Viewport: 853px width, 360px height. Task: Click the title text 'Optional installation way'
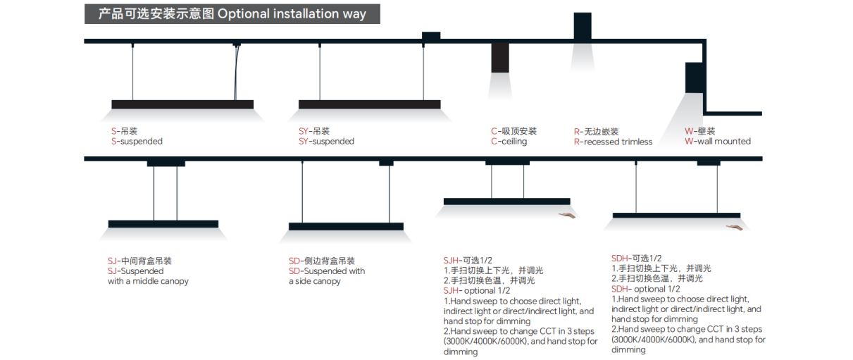click(292, 14)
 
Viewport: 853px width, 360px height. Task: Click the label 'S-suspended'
click(137, 142)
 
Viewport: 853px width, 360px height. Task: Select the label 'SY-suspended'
click(326, 142)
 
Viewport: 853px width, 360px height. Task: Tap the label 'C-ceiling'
click(509, 142)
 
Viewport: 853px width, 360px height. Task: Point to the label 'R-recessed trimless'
click(613, 142)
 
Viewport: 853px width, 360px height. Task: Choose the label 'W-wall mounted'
click(718, 142)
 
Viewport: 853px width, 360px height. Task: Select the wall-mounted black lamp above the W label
click(695, 77)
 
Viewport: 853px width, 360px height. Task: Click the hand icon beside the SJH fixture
click(568, 214)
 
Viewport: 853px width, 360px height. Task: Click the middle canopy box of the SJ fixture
click(166, 163)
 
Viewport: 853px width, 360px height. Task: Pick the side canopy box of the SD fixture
click(386, 163)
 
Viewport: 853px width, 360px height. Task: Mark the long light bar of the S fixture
click(182, 104)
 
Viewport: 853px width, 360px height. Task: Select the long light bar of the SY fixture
click(370, 104)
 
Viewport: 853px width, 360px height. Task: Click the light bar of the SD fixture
click(346, 226)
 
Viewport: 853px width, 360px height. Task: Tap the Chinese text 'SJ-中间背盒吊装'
click(139, 261)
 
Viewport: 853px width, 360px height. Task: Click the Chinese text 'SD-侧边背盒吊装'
click(322, 261)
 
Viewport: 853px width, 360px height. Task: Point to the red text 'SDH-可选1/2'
click(637, 258)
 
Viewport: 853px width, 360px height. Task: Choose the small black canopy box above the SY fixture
click(431, 36)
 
